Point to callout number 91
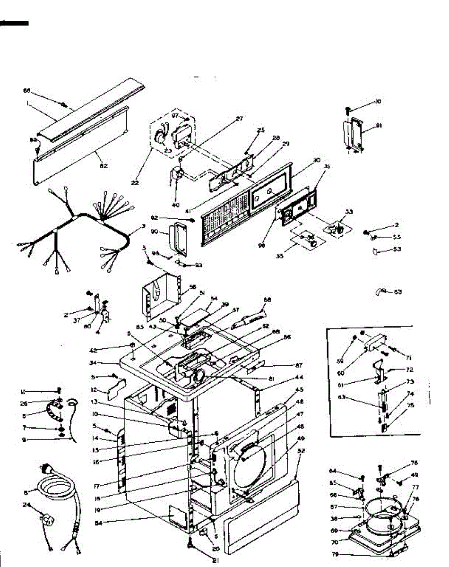point(379,126)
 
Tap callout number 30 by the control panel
point(316,160)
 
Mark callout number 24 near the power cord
point(27,505)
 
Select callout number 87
point(299,365)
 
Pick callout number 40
point(176,205)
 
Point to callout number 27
point(240,119)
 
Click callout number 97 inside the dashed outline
point(175,116)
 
